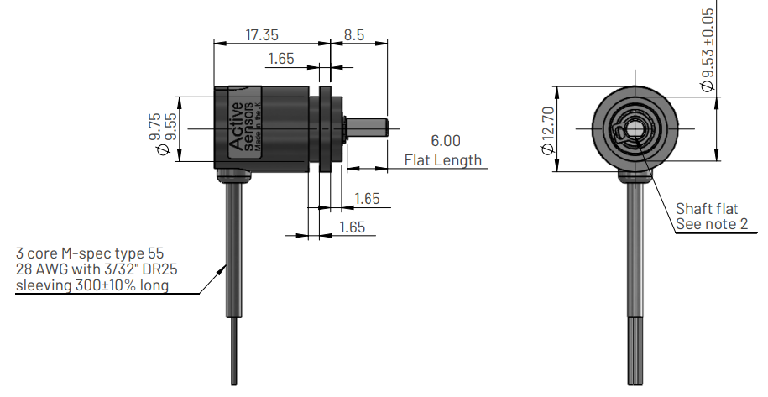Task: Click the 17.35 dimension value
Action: (x=262, y=35)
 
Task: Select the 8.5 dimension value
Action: (x=353, y=35)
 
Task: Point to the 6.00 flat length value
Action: (x=445, y=141)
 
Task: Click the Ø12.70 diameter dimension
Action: (x=548, y=129)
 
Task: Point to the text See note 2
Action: (x=712, y=224)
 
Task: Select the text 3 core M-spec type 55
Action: (x=87, y=253)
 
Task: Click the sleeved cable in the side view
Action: (x=234, y=252)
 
